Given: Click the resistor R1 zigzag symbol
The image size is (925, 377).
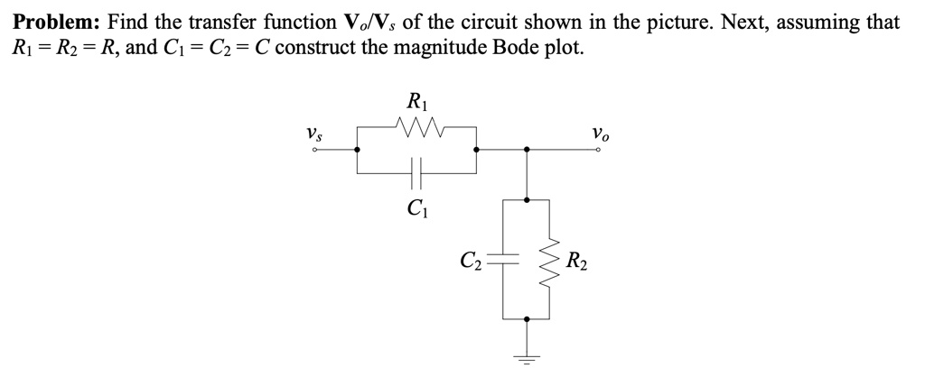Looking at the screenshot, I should pos(417,127).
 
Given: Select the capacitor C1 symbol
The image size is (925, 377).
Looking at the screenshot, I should pos(416,169).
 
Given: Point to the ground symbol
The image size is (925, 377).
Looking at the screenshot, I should pos(527,358).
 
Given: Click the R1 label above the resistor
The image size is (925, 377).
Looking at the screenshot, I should pos(417,101).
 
